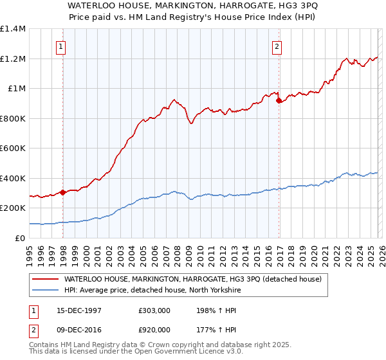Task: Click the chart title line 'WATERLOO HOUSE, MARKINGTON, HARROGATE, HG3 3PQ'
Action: [x=192, y=5]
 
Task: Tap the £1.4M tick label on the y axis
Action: [x=14, y=29]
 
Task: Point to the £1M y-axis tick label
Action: [x=17, y=89]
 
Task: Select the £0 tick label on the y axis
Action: [x=21, y=239]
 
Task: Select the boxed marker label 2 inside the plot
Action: [x=276, y=46]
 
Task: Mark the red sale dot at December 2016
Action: [x=278, y=101]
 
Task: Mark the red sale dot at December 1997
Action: [x=62, y=192]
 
